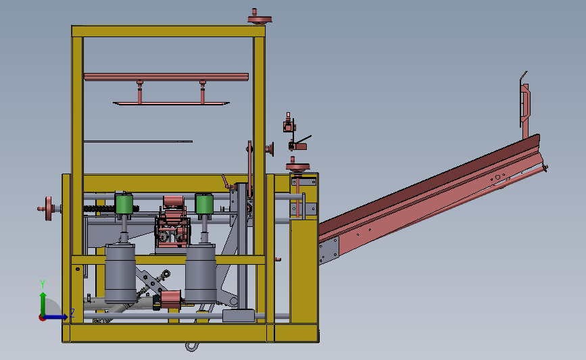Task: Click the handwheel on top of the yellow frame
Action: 260,18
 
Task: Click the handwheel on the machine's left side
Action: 49,209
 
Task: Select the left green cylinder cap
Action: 124,204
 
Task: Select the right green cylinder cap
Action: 204,204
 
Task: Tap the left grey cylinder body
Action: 120,274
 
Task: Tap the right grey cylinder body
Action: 201,274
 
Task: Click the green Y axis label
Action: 42,284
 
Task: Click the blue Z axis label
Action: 72,313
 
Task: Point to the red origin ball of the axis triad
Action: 42,318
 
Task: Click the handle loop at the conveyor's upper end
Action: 525,100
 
